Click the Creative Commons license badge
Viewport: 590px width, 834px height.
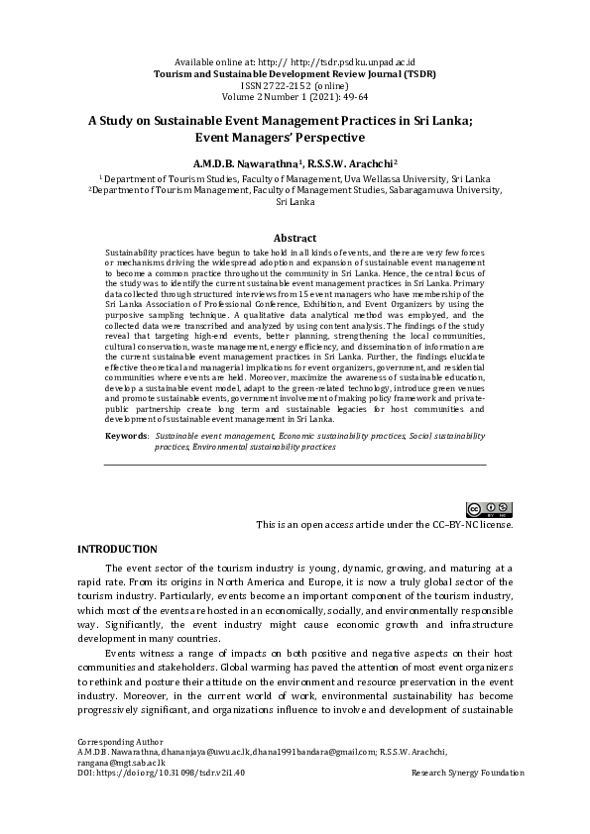[x=491, y=509]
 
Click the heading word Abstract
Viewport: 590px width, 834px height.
[x=295, y=238]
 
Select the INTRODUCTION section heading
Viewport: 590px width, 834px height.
[x=117, y=549]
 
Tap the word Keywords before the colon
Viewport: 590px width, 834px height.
[x=126, y=435]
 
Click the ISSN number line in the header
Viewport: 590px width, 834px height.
[x=295, y=57]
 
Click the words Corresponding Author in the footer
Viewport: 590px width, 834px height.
[x=119, y=769]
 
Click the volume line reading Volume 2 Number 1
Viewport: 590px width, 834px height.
[x=295, y=69]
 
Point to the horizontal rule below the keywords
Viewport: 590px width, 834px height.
[x=295, y=465]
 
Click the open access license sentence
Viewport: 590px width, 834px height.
[x=384, y=524]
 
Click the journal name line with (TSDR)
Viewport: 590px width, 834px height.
[x=295, y=47]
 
